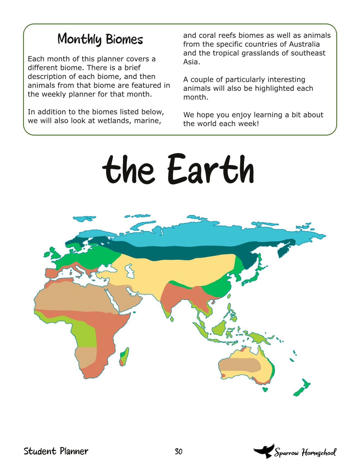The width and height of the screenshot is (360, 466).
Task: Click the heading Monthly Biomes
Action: pos(100,39)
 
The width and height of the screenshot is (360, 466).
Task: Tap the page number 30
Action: pos(178,452)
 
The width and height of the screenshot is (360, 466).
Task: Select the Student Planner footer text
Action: pos(56,451)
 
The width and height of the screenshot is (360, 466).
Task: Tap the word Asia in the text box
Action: pos(191,62)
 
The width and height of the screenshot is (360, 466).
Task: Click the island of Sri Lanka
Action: pos(172,318)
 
